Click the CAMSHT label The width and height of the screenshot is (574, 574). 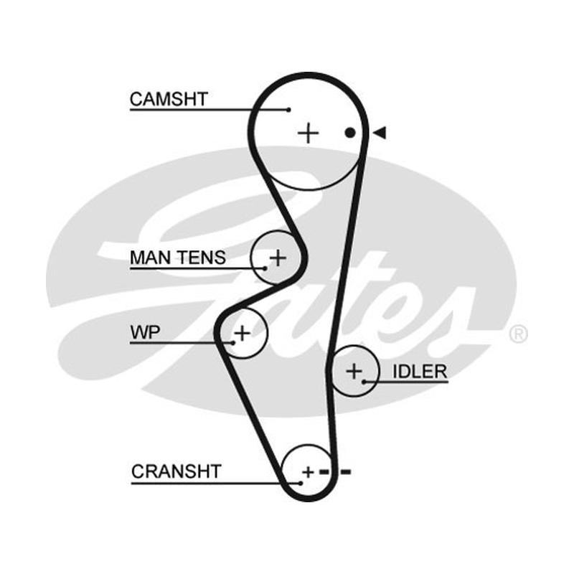169,99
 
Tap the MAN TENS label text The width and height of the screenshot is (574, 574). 178,258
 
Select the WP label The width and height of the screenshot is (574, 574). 146,332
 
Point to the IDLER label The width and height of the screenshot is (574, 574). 420,372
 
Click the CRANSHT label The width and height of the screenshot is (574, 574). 177,471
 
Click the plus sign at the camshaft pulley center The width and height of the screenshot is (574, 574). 309,133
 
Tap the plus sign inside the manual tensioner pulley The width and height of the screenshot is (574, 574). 278,258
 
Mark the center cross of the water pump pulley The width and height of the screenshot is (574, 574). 242,333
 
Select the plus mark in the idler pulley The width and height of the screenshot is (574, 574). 354,371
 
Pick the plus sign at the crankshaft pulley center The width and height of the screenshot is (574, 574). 309,472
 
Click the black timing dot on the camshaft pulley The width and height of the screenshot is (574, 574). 350,133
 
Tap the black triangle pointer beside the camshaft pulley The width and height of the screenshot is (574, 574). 380,133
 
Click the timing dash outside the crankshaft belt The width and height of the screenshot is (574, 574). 346,472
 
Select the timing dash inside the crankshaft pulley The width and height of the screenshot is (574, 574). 324,472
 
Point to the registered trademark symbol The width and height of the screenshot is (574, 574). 518,334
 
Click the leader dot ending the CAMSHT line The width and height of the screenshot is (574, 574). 288,110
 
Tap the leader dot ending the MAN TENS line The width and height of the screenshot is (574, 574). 265,268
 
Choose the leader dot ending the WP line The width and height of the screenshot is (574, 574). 232,343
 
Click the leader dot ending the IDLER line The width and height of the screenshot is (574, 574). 364,382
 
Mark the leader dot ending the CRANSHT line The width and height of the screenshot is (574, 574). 301,483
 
